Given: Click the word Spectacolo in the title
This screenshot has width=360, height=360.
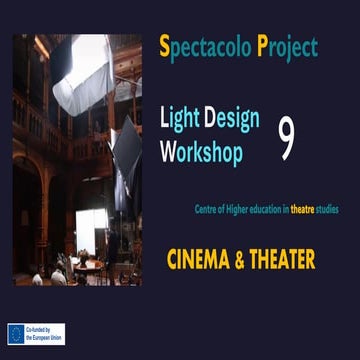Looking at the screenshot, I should click(x=204, y=47).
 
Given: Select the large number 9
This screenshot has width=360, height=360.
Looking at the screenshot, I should click(x=287, y=140).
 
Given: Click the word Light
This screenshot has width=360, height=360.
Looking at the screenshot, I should click(x=179, y=119).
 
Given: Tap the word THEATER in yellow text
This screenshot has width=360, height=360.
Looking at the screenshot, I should click(x=282, y=260).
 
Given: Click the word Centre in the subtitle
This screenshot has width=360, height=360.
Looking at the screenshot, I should click(x=206, y=209).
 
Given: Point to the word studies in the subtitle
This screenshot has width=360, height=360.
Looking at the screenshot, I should click(x=326, y=209).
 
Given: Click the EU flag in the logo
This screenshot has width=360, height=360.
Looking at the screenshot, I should click(x=17, y=334).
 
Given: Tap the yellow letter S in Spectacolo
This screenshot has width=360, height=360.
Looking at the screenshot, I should click(x=165, y=46).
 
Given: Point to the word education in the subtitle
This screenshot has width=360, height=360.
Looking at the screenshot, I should click(x=260, y=209).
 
